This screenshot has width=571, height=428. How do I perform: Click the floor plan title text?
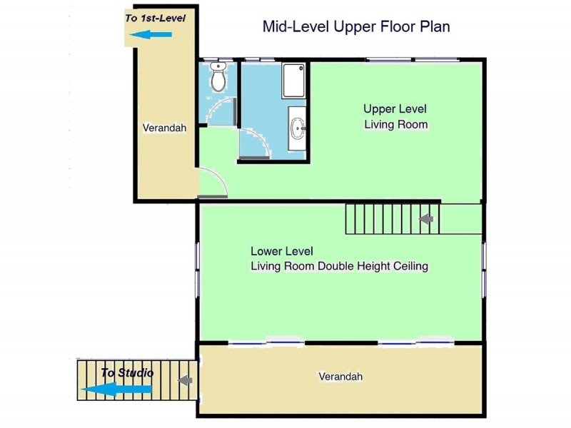pyautogui.click(x=356, y=27)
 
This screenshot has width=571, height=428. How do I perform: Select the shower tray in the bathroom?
pyautogui.click(x=293, y=81)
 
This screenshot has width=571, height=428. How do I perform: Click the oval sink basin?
pyautogui.click(x=298, y=128)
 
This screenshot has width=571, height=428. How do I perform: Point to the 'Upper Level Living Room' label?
pyautogui.click(x=395, y=117)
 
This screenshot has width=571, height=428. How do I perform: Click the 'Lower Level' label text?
pyautogui.click(x=282, y=251)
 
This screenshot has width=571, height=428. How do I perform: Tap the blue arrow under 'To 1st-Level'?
pyautogui.click(x=151, y=34)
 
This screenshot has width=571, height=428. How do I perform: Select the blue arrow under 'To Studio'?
pyautogui.click(x=116, y=389)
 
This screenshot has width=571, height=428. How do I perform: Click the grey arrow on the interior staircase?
pyautogui.click(x=425, y=219)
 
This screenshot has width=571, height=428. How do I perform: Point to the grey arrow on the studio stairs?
pyautogui.click(x=185, y=380)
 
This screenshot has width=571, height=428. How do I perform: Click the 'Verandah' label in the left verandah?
pyautogui.click(x=164, y=128)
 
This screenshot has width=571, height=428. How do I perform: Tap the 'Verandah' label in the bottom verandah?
pyautogui.click(x=340, y=377)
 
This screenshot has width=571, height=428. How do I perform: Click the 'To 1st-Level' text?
pyautogui.click(x=156, y=19)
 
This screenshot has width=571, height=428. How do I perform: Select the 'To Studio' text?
pyautogui.click(x=127, y=372)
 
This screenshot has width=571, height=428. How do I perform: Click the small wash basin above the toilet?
pyautogui.click(x=218, y=66)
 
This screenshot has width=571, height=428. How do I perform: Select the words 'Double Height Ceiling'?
pyautogui.click(x=373, y=266)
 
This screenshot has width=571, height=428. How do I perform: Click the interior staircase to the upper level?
pyautogui.click(x=393, y=219)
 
